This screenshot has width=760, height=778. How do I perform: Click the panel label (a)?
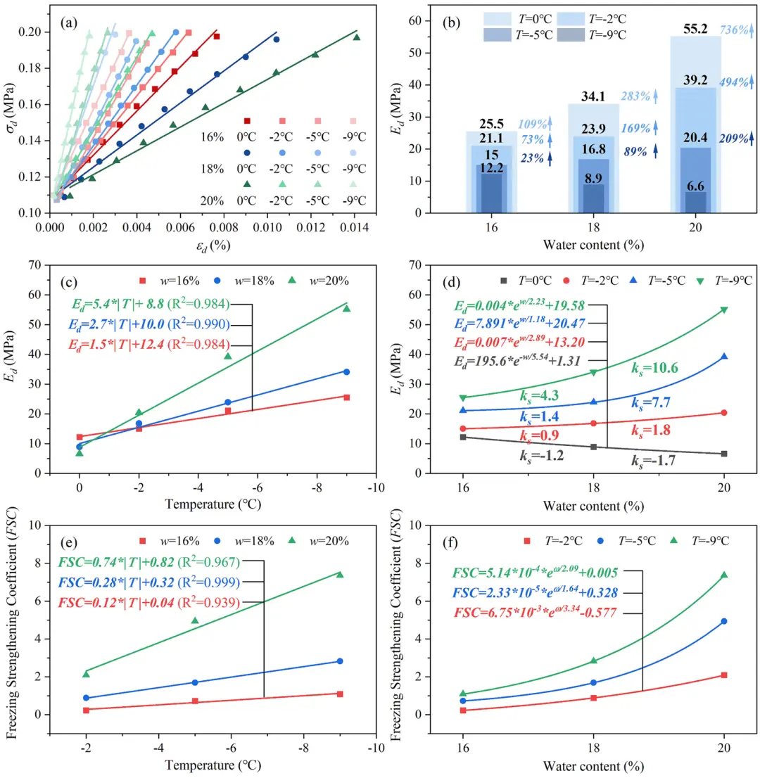pyautogui.click(x=70, y=23)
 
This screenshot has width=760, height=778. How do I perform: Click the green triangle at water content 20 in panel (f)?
pyautogui.click(x=723, y=575)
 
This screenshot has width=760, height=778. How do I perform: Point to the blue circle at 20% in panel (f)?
pyautogui.click(x=723, y=621)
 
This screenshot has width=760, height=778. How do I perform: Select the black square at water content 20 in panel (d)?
pyautogui.click(x=723, y=454)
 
